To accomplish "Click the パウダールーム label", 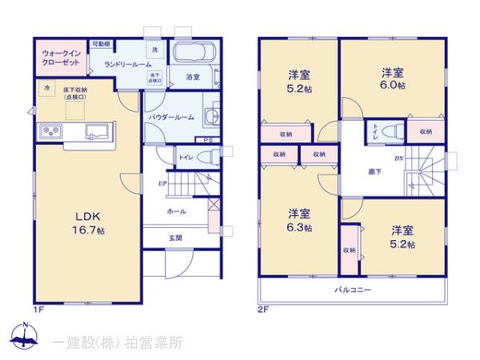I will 171,117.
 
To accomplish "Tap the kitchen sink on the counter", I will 94,131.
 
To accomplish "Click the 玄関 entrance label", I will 174,238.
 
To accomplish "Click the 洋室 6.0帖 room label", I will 390,77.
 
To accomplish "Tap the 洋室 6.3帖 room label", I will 301,220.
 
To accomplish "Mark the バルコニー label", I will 352,289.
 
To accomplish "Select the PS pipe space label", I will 208,142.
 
